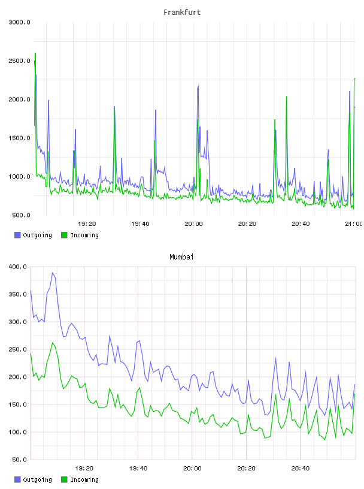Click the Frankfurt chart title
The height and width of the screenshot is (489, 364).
(x=182, y=13)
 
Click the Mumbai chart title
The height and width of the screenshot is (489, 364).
(x=181, y=257)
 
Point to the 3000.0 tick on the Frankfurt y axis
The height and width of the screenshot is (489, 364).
(x=19, y=22)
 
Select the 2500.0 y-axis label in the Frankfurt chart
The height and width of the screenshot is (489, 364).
(x=19, y=61)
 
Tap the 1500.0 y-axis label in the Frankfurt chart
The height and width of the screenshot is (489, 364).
(x=19, y=138)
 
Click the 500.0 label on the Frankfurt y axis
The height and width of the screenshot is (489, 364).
(x=21, y=215)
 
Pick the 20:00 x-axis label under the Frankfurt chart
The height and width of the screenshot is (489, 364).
(x=193, y=224)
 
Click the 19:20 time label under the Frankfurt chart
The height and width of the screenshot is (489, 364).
(x=87, y=224)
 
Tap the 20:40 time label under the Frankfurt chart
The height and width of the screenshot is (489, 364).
(x=301, y=224)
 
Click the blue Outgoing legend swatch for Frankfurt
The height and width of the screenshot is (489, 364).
(x=17, y=235)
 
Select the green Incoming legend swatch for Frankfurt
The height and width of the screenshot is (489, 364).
(x=64, y=235)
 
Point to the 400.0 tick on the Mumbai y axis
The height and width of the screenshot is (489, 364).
(x=18, y=267)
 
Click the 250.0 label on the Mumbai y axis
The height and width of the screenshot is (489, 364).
(x=18, y=349)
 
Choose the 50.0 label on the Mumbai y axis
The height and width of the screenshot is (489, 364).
(x=19, y=460)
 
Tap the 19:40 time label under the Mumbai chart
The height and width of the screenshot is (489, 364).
(x=138, y=469)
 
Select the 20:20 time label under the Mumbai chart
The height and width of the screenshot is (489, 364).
(x=246, y=469)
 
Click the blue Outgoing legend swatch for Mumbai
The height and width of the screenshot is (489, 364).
(x=17, y=479)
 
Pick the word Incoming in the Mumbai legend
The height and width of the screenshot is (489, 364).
(x=84, y=480)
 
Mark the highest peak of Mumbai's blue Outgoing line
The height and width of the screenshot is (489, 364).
(x=53, y=273)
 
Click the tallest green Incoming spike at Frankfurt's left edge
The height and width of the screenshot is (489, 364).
(x=35, y=53)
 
